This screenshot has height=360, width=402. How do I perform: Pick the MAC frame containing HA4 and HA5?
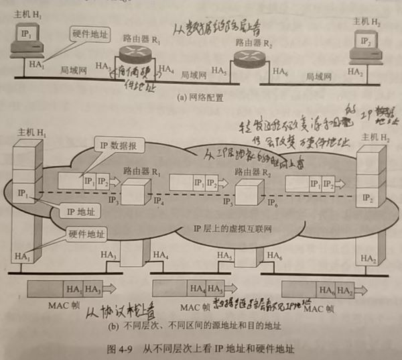tap(192, 290)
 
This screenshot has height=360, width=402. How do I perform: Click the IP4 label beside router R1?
tap(157, 200)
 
